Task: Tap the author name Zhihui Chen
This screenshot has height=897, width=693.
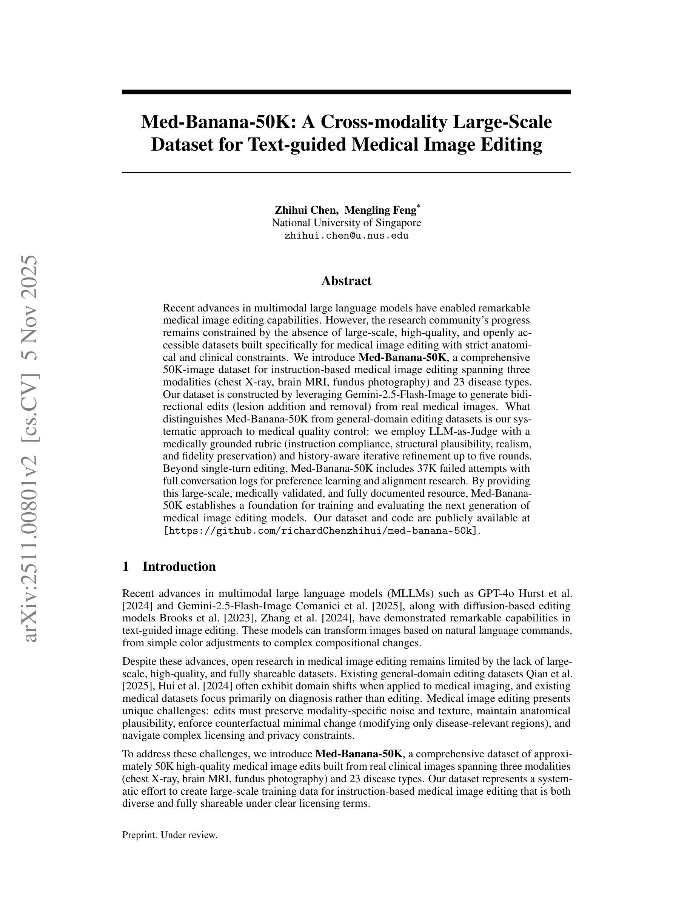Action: tap(306, 210)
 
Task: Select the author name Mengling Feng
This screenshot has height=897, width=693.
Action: tap(380, 210)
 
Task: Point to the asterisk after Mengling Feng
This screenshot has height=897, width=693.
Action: tap(418, 206)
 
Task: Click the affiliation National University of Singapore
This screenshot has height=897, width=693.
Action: tap(346, 223)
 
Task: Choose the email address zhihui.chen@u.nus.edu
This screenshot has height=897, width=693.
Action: tap(346, 236)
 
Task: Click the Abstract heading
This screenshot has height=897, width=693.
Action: tap(346, 281)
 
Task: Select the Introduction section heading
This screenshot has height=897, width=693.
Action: tap(179, 566)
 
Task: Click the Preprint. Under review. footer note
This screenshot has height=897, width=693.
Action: tap(169, 835)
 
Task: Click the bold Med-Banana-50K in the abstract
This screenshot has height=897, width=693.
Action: tap(402, 357)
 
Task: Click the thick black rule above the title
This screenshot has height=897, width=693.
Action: tap(346, 92)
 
